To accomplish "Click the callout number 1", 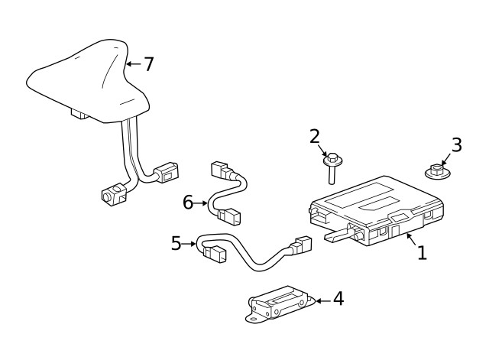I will (422, 251).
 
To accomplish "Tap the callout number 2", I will (315, 136).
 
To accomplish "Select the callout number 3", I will (457, 144).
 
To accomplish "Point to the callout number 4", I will (338, 299).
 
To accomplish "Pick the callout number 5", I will (176, 244).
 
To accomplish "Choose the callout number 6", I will (188, 203).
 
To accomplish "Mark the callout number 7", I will (148, 63).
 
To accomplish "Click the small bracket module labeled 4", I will (279, 305).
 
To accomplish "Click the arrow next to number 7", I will (131, 63).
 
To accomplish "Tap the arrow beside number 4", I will (322, 300).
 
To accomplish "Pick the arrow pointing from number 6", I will (202, 203).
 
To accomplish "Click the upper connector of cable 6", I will (219, 170).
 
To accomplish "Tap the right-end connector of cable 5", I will (303, 246).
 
